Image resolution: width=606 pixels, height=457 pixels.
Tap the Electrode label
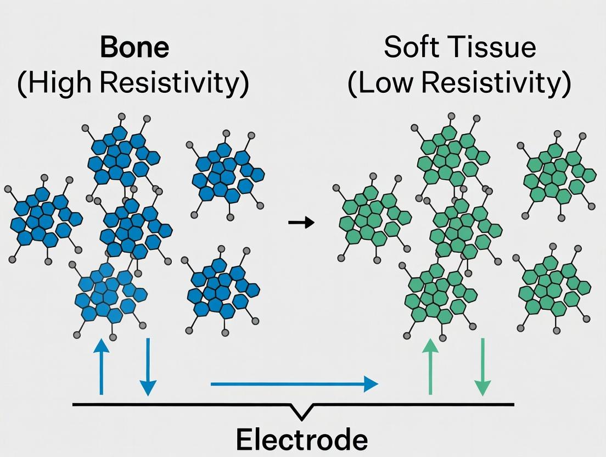301,440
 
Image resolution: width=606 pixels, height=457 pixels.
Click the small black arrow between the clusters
301,222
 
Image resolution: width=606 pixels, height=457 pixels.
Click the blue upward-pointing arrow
100,366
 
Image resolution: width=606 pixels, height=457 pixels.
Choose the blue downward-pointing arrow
147,366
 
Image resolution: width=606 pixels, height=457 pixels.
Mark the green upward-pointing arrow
430,366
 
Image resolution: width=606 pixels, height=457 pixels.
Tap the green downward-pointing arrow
482,366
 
